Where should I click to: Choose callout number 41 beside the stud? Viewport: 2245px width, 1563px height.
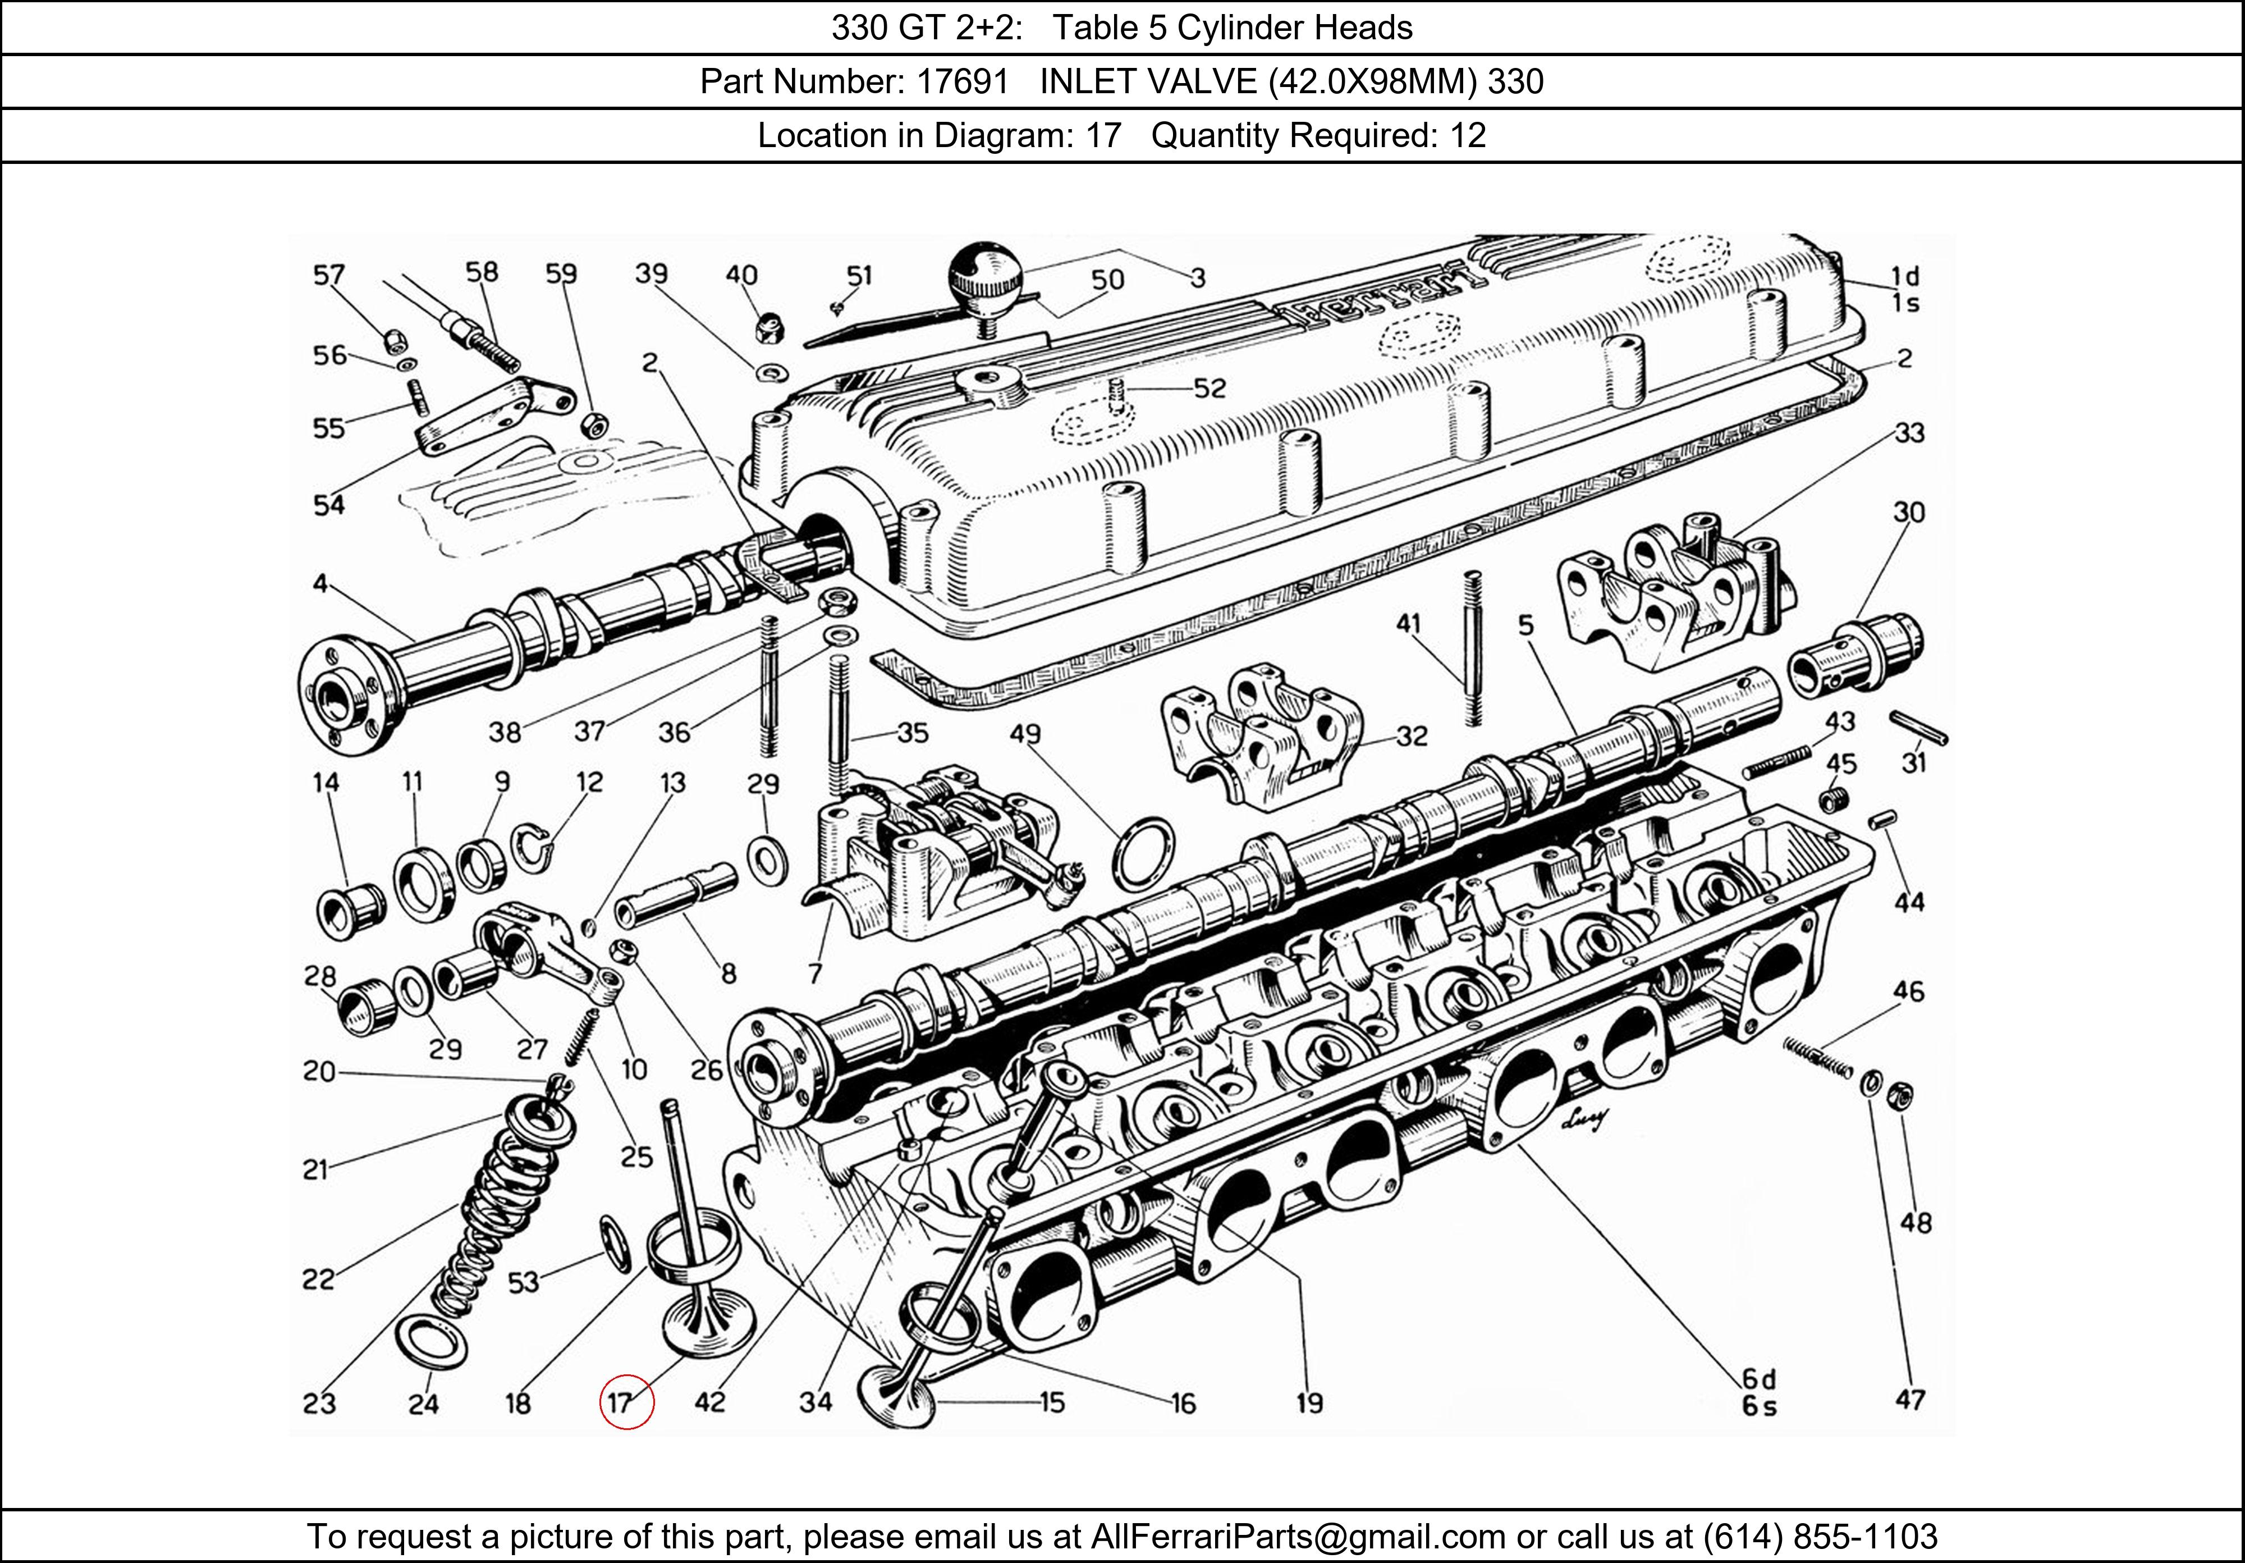(x=1408, y=623)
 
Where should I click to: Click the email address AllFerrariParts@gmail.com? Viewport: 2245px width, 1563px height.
(x=1298, y=1537)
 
